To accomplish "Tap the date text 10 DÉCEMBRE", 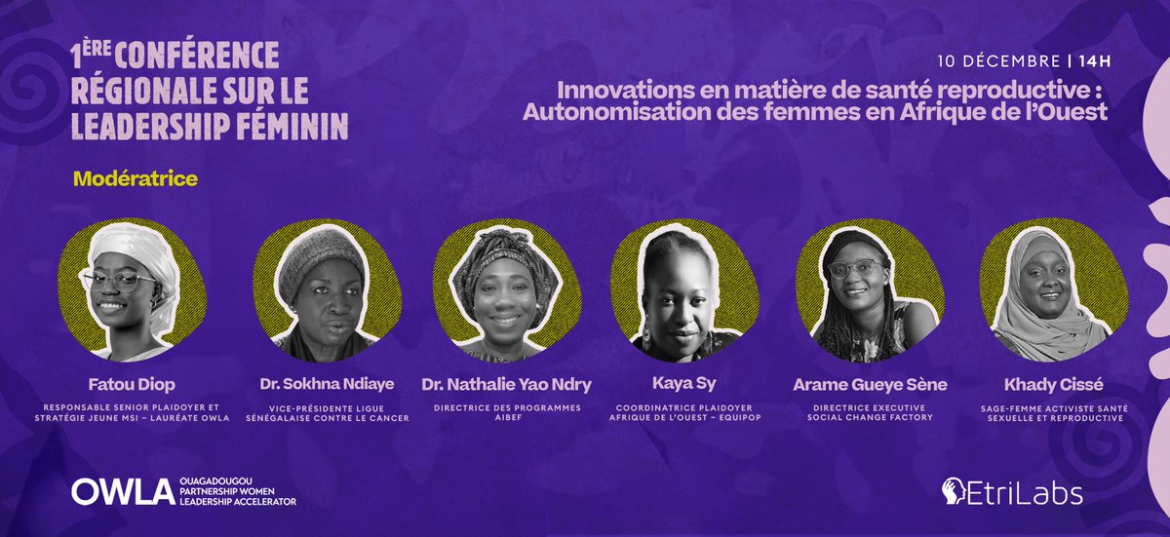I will (998, 60).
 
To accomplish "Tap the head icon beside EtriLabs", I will (956, 491).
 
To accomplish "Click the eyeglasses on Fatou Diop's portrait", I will (119, 281).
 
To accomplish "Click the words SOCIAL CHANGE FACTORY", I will (855, 417).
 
